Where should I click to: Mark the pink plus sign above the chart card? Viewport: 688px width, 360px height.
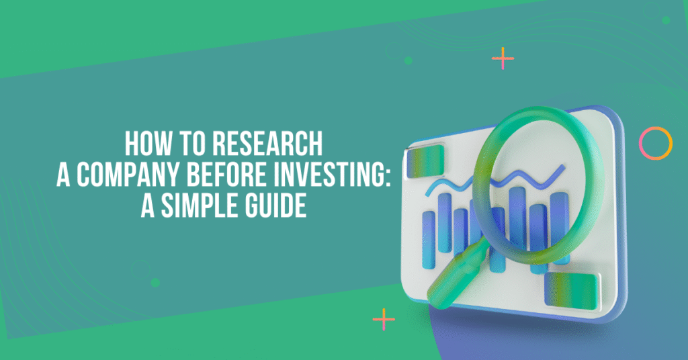(x=503, y=59)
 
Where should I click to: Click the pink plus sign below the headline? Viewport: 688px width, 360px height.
(x=384, y=320)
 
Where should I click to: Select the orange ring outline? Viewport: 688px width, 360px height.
(x=655, y=142)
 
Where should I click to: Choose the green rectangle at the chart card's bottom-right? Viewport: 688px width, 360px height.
(x=570, y=287)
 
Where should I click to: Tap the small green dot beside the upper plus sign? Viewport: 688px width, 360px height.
(x=408, y=60)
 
